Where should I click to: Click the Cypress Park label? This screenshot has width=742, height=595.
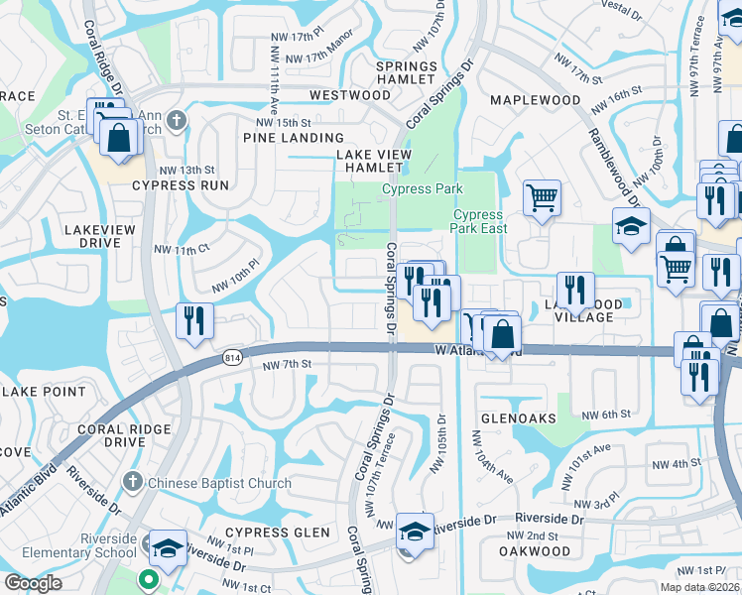(x=423, y=188)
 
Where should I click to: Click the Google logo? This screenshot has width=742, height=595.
(x=33, y=583)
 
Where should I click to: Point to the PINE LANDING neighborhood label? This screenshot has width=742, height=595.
(x=297, y=138)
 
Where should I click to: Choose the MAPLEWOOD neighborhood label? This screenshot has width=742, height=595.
(x=535, y=100)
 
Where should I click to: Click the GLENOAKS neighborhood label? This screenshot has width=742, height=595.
(x=518, y=418)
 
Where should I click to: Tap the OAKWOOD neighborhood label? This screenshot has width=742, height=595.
(x=535, y=551)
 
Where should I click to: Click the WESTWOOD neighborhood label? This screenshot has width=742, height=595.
(x=349, y=95)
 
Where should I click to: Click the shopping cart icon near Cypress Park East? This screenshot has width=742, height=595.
(x=542, y=196)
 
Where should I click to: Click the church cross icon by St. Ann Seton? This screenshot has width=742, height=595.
(x=177, y=121)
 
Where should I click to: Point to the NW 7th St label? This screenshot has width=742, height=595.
(x=288, y=366)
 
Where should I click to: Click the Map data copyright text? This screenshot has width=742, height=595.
(x=699, y=587)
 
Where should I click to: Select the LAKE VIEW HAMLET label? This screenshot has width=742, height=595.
(x=373, y=161)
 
